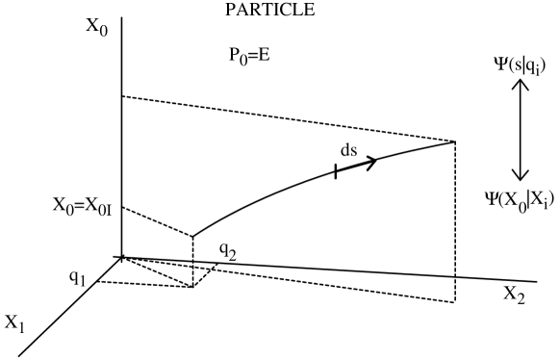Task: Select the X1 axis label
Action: pyautogui.click(x=18, y=320)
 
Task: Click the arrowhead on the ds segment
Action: pyautogui.click(x=370, y=161)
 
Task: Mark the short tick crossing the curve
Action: pyautogui.click(x=335, y=170)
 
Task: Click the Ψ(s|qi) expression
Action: pyautogui.click(x=519, y=64)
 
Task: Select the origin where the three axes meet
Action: pyautogui.click(x=120, y=257)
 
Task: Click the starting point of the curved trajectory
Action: pyautogui.click(x=193, y=235)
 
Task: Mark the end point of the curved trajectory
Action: pyautogui.click(x=453, y=142)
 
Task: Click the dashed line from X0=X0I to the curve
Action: pyautogui.click(x=157, y=221)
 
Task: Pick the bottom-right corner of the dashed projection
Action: pyautogui.click(x=453, y=302)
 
